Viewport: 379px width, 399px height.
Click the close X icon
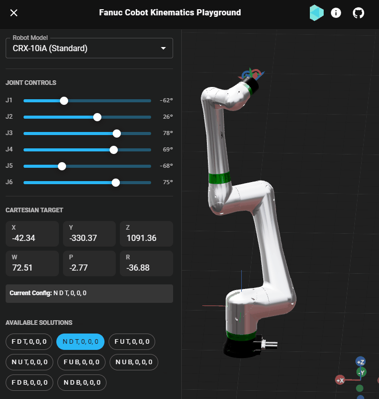click(14, 13)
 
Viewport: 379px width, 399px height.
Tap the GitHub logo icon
click(359, 13)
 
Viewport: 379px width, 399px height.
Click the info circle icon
click(335, 13)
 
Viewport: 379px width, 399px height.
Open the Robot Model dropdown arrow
click(163, 48)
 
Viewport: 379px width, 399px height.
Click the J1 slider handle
click(64, 101)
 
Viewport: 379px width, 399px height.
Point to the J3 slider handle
click(117, 134)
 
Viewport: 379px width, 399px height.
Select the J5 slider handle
click(62, 166)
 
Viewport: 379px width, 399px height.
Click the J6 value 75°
click(168, 182)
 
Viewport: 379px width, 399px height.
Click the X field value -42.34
click(24, 238)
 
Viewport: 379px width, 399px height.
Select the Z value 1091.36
click(142, 238)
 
